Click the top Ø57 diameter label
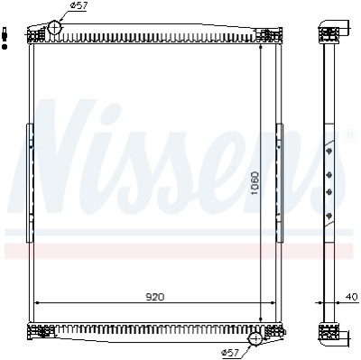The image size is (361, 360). (x=78, y=6)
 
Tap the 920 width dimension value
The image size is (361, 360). (x=155, y=297)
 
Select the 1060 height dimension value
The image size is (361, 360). (x=255, y=183)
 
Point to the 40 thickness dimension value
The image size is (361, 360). (x=351, y=297)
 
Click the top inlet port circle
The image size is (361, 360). (x=54, y=28)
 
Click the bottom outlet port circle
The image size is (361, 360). (x=255, y=339)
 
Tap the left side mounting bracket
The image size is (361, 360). (x=30, y=183)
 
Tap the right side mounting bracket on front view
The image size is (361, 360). (x=279, y=183)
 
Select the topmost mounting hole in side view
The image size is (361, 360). (x=329, y=151)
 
